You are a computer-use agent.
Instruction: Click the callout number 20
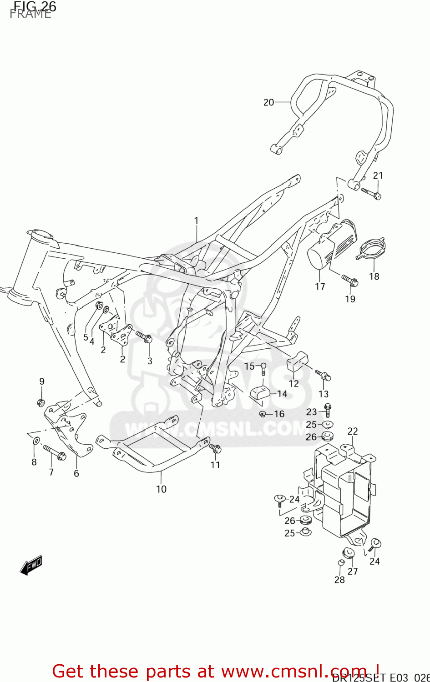[268, 102]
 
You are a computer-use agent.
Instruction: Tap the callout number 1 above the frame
[196, 221]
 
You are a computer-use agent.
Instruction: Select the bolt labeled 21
[371, 193]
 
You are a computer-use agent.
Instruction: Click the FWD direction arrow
[31, 566]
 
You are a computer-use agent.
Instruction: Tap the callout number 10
[161, 489]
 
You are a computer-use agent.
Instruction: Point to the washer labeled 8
[35, 440]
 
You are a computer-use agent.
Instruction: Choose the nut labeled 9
[40, 402]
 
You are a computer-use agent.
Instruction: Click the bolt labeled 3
[144, 337]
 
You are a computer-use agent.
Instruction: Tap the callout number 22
[353, 431]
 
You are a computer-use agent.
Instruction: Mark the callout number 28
[339, 580]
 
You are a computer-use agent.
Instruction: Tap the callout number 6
[76, 473]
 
